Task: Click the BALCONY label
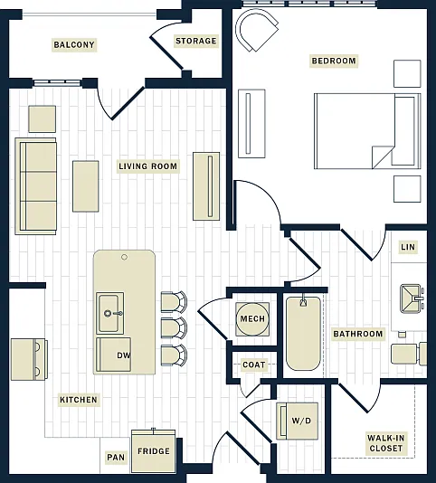(x=74, y=44)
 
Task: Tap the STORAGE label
(x=196, y=41)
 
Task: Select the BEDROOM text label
(x=334, y=61)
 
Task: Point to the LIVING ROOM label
(x=148, y=166)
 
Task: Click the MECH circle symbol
(x=252, y=318)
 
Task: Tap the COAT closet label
(x=254, y=365)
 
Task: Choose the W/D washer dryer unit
(x=298, y=421)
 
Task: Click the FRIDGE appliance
(x=154, y=451)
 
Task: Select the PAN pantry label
(x=116, y=458)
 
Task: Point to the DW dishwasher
(x=114, y=355)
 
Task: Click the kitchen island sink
(x=110, y=313)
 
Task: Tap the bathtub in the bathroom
(x=304, y=333)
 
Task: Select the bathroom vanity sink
(x=411, y=298)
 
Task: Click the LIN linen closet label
(x=408, y=247)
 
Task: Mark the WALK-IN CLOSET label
(x=385, y=443)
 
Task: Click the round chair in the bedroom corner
(x=256, y=30)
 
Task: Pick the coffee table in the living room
(x=86, y=186)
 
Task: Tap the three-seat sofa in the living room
(x=36, y=186)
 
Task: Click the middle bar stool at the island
(x=174, y=327)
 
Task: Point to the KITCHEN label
(x=79, y=400)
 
